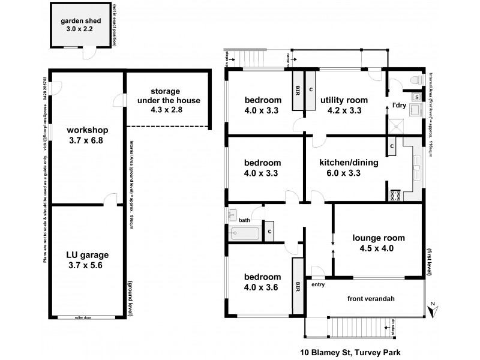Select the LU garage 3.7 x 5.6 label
click(x=83, y=259)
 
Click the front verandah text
click(x=368, y=299)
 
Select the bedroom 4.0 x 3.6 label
click(x=263, y=282)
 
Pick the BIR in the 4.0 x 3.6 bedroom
click(x=298, y=287)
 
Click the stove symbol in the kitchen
click(x=395, y=194)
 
